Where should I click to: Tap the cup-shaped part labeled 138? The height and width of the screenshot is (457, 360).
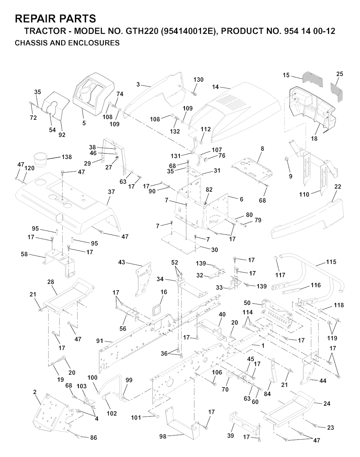click(41, 157)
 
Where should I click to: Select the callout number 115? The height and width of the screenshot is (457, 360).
click(331, 262)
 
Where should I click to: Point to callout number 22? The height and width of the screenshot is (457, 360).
click(337, 187)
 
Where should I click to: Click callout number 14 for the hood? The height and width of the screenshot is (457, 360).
click(216, 86)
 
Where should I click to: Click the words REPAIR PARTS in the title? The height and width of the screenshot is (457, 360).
click(55, 18)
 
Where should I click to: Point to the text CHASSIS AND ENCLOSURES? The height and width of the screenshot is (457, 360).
click(67, 43)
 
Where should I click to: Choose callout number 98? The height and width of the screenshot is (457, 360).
click(162, 436)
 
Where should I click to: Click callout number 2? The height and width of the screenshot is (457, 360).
click(35, 392)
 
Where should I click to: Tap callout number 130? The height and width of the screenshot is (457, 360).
click(198, 80)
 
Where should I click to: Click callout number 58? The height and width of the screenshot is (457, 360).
click(24, 254)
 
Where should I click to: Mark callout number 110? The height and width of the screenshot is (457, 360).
click(304, 194)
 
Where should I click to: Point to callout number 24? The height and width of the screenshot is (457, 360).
click(327, 404)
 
